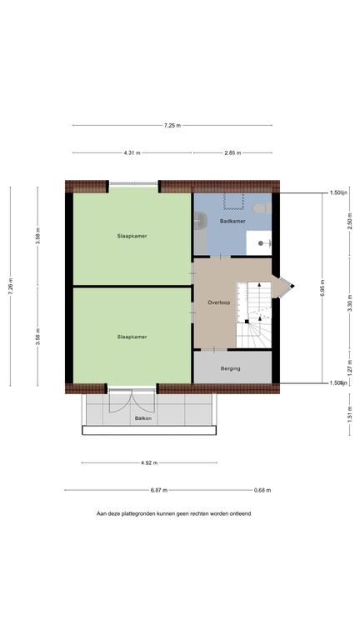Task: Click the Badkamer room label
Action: click(x=232, y=221)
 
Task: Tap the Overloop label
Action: click(x=219, y=302)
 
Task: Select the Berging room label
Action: click(x=230, y=368)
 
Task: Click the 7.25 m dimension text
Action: click(x=172, y=126)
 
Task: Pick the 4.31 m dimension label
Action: click(x=132, y=153)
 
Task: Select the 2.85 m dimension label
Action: click(x=232, y=153)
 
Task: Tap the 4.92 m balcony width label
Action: click(x=149, y=462)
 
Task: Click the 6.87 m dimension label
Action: click(x=159, y=490)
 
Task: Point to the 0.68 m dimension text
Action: click(x=262, y=490)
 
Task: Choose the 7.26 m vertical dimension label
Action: click(x=11, y=286)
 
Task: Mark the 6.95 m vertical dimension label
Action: click(x=322, y=287)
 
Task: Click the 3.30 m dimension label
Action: click(x=350, y=303)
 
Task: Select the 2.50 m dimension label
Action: click(x=350, y=221)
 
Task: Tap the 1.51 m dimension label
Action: click(x=350, y=415)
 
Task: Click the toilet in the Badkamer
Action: click(x=262, y=208)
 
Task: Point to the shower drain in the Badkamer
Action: click(x=260, y=243)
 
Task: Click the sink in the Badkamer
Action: click(x=200, y=221)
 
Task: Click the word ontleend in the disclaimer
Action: click(x=241, y=513)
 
